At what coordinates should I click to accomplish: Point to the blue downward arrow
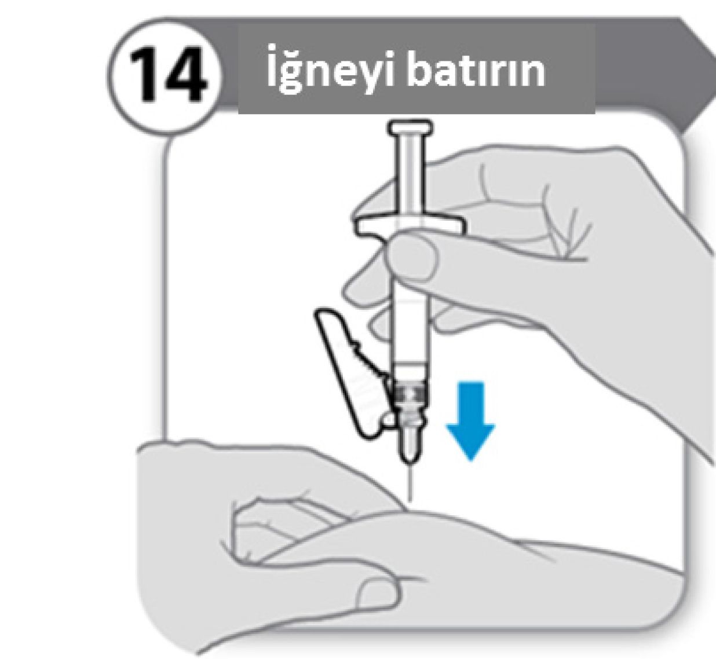(x=470, y=422)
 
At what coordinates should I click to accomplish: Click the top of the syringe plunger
(x=411, y=128)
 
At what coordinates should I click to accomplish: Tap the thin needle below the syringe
(x=410, y=482)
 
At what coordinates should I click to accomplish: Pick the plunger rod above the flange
(x=411, y=177)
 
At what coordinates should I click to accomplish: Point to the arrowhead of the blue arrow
(x=470, y=442)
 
